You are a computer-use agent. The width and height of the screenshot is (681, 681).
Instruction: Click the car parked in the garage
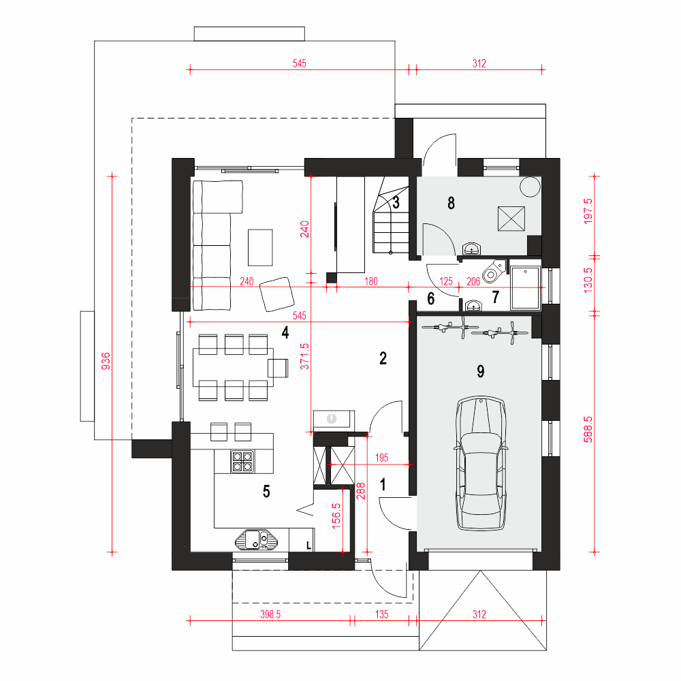[x=481, y=463]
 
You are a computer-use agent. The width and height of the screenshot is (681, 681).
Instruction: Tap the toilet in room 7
[x=494, y=271]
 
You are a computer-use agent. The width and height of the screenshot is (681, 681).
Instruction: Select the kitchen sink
[x=256, y=539]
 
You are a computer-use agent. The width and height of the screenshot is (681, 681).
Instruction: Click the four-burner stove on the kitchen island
[x=242, y=461]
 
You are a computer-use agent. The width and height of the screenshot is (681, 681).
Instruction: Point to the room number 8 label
[x=452, y=203]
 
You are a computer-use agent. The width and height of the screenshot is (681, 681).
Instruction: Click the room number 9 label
[x=480, y=371]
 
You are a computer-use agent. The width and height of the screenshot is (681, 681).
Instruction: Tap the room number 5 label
[x=266, y=491]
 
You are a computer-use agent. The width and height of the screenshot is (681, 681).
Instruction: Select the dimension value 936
[x=106, y=362]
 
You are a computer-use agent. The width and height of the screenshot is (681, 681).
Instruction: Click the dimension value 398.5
[x=270, y=614]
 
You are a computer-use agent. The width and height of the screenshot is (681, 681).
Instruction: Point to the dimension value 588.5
[x=588, y=430]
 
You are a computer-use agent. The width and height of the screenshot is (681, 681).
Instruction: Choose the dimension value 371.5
[x=305, y=357]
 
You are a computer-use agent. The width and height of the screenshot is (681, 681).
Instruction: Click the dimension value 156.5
[x=336, y=516]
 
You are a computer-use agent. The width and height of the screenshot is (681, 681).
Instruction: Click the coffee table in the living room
[x=260, y=248]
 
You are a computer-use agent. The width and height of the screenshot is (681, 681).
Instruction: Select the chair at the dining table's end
[x=278, y=368]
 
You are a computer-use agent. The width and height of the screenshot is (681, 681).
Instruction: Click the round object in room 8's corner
[x=530, y=187]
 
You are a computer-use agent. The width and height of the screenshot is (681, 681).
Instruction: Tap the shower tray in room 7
[x=526, y=288]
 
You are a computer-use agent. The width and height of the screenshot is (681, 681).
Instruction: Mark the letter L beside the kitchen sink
[x=308, y=545]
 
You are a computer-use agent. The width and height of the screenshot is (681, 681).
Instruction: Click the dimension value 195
[x=382, y=458]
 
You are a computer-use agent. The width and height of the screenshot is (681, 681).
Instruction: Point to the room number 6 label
[x=431, y=299]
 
